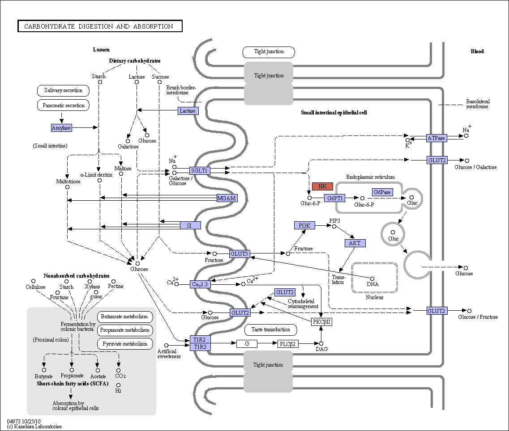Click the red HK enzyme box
click(x=322, y=186)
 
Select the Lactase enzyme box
click(x=188, y=111)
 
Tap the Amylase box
click(x=61, y=128)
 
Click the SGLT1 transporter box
click(x=199, y=171)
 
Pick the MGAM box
click(x=227, y=198)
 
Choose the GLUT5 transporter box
click(x=240, y=254)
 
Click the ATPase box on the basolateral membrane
click(x=436, y=138)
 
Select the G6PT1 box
click(x=335, y=198)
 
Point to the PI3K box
click(x=304, y=225)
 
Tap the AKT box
click(x=355, y=243)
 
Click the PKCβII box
click(x=321, y=322)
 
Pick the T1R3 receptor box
click(x=200, y=347)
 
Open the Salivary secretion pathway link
click(x=63, y=90)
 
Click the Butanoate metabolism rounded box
click(x=124, y=317)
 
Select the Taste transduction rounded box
click(x=271, y=330)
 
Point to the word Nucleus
click(x=375, y=297)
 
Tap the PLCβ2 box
click(x=287, y=344)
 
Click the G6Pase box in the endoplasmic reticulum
click(x=382, y=192)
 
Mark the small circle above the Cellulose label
click(x=33, y=281)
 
